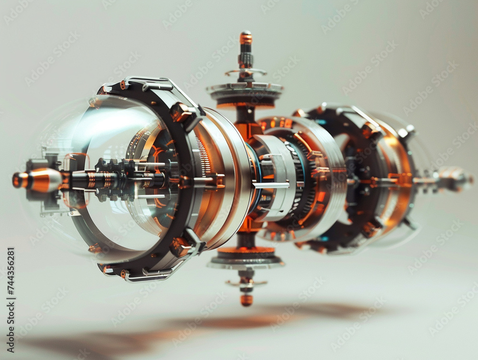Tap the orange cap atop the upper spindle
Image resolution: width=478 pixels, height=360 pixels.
246,38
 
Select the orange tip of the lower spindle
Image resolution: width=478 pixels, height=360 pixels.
246,300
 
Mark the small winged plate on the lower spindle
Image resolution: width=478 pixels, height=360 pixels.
246,283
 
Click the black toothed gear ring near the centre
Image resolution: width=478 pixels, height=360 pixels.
306,191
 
